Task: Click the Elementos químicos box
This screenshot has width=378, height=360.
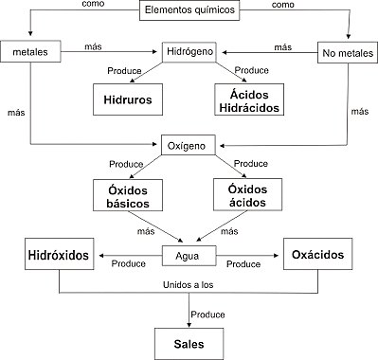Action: click(x=189, y=11)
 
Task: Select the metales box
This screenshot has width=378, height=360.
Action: click(x=30, y=49)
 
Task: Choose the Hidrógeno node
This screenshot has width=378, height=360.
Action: click(x=189, y=49)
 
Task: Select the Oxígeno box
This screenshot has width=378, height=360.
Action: click(x=189, y=144)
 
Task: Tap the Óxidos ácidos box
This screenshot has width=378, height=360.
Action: click(x=247, y=196)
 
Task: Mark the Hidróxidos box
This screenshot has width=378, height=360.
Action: click(x=59, y=256)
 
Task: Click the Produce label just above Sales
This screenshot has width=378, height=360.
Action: click(x=207, y=314)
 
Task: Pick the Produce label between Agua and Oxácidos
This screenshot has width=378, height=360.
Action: click(x=243, y=264)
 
